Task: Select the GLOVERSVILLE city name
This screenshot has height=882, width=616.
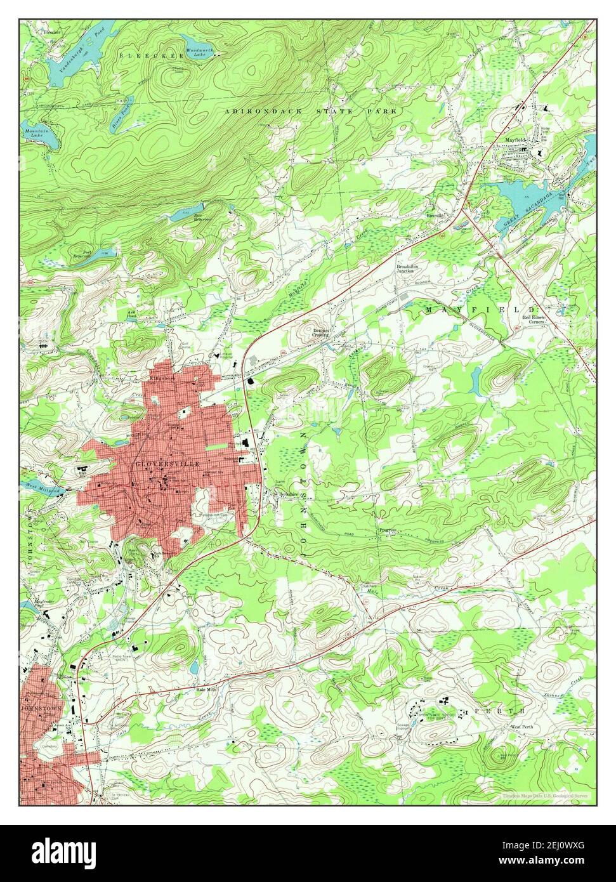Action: click(x=167, y=464)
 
